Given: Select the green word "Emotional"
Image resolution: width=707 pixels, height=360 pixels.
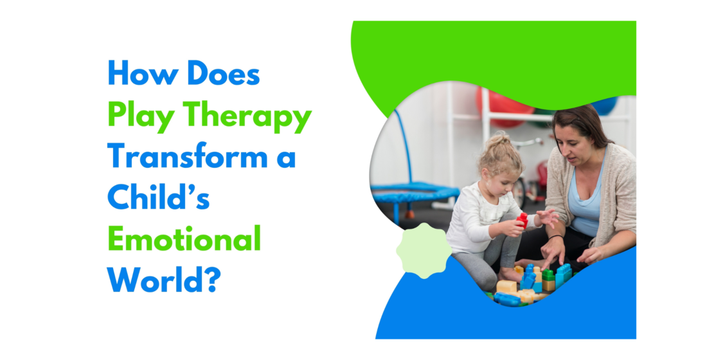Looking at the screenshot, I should coord(184,239).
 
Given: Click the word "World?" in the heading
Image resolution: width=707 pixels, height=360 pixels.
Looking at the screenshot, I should coord(161,280).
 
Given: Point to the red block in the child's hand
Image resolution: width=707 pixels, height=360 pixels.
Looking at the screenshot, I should coord(523,220).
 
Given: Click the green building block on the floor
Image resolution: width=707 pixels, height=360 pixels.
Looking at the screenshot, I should coord(548,275).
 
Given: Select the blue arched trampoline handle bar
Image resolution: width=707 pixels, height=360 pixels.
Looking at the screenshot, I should coord(406,148).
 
